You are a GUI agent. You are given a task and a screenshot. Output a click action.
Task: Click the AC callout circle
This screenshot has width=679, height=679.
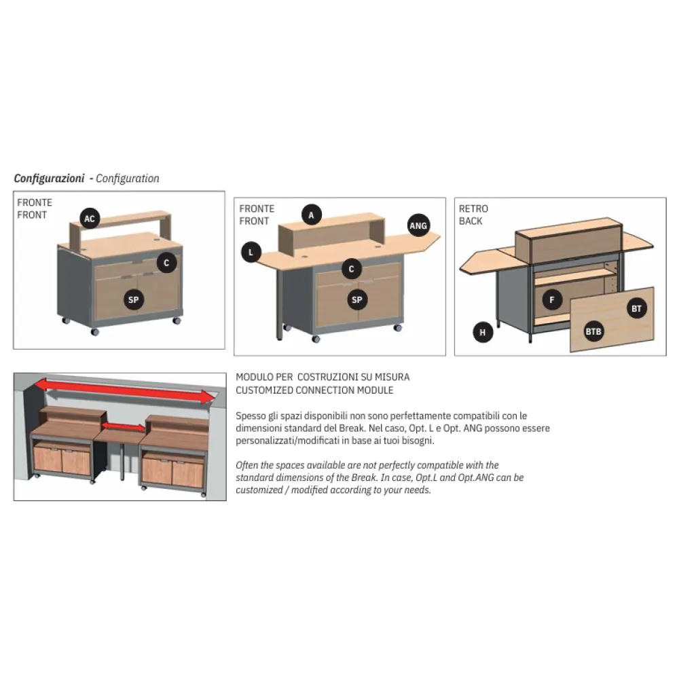click(90, 219)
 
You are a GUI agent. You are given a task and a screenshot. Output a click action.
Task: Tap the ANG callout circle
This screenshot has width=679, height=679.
click(418, 225)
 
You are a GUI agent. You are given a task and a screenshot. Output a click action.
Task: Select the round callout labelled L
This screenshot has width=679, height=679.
click(251, 253)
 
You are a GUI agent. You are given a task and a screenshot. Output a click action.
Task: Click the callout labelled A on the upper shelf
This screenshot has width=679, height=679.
click(311, 215)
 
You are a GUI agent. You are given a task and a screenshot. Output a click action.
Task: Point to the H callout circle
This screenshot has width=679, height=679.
click(483, 332)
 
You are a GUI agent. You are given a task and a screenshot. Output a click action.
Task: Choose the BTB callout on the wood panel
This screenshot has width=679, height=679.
click(593, 332)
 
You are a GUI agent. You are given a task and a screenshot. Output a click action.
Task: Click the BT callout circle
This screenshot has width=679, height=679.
click(636, 309)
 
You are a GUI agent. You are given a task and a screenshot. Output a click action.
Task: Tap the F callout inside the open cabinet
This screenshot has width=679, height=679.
click(552, 299)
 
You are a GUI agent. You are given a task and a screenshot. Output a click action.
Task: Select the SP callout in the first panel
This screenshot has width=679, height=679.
click(134, 299)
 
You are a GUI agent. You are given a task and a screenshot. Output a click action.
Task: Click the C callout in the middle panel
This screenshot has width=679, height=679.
click(351, 269)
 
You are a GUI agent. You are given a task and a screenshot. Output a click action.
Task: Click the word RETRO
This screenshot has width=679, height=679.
click(473, 208)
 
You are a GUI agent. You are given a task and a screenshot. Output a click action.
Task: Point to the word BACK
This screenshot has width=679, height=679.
click(471, 221)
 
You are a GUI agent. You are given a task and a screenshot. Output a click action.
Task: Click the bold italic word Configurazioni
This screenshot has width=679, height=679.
click(49, 179)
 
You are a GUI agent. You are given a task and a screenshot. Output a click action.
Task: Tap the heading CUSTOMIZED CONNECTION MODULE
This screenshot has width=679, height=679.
click(314, 390)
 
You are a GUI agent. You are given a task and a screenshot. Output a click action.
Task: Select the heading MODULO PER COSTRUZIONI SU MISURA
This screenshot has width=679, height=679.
click(323, 377)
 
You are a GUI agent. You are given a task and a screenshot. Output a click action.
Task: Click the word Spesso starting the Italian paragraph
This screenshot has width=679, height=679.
click(250, 415)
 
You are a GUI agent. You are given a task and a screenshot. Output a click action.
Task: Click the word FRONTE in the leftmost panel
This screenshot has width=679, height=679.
click(35, 202)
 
